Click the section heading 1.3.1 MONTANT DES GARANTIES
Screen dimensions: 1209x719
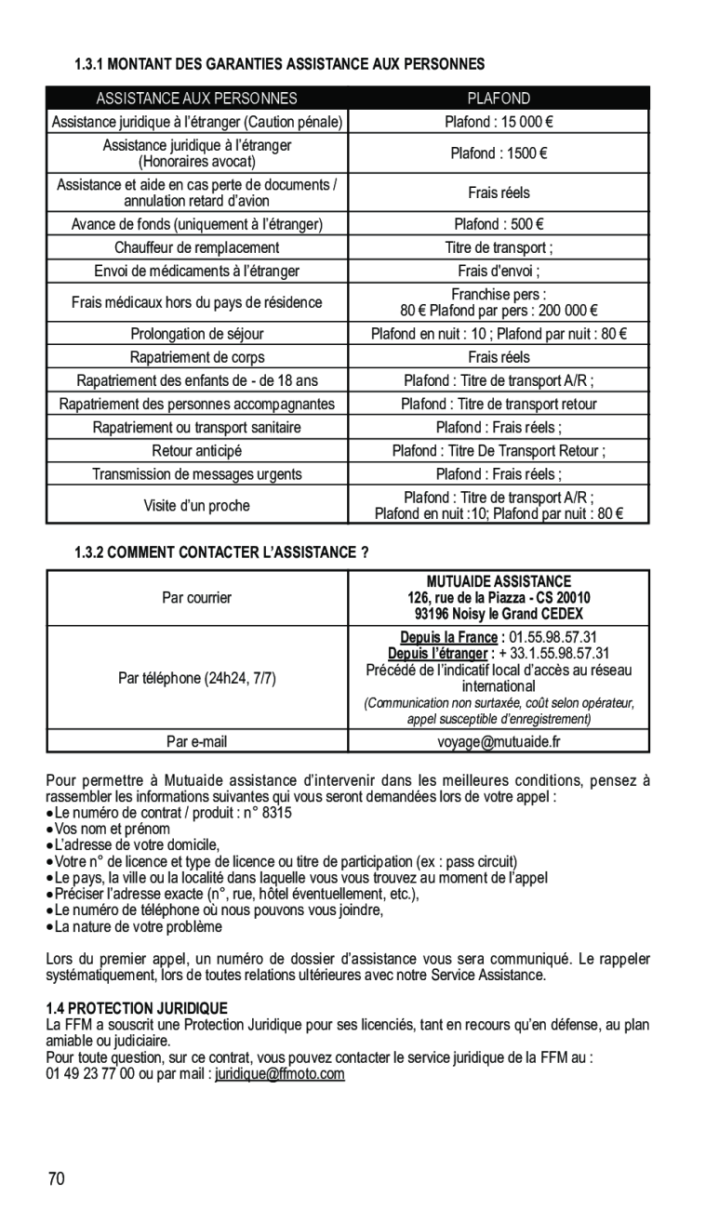click(x=279, y=65)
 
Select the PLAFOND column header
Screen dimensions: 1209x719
click(x=499, y=99)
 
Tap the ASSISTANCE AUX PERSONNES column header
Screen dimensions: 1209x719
click(x=197, y=99)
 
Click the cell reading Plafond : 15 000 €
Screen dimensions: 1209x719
click(x=499, y=122)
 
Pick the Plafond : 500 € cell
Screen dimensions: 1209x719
click(x=499, y=224)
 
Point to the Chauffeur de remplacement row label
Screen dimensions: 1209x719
click(x=197, y=248)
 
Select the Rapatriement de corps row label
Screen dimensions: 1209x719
click(x=197, y=357)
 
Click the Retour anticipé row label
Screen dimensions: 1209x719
click(x=197, y=451)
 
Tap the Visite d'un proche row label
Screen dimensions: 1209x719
click(x=197, y=506)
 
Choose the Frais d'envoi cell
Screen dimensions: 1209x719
click(x=499, y=272)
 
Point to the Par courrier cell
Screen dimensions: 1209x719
click(x=197, y=598)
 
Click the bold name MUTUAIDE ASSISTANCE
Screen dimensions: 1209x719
click(x=499, y=581)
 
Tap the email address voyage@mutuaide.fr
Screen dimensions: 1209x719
click(x=499, y=742)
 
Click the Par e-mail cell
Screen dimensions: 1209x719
click(x=197, y=742)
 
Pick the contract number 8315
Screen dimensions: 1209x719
click(x=275, y=812)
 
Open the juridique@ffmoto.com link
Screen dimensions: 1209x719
click(x=280, y=1074)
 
